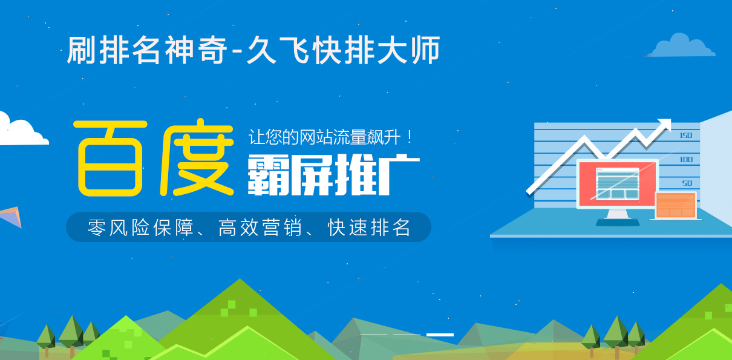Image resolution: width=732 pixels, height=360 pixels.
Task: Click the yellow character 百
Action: click(111, 159)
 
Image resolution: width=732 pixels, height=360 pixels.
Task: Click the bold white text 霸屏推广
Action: click(333, 175)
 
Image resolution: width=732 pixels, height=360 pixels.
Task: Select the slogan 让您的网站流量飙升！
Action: click(330, 137)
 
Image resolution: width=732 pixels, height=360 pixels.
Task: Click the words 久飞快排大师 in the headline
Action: click(344, 50)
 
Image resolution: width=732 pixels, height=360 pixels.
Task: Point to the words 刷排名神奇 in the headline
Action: click(147, 50)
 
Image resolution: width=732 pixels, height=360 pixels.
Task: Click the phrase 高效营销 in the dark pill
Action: click(260, 227)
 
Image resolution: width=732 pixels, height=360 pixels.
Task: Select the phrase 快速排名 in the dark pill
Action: click(369, 227)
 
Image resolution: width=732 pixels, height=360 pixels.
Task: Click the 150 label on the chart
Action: click(686, 136)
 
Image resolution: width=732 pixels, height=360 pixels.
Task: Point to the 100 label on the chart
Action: click(686, 160)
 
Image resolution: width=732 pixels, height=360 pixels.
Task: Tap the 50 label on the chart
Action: click(687, 183)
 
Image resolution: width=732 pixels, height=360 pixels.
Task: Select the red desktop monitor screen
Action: click(617, 183)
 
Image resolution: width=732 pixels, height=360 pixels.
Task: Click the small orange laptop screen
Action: click(676, 205)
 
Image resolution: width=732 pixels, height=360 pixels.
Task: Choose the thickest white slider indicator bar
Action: click(440, 335)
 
